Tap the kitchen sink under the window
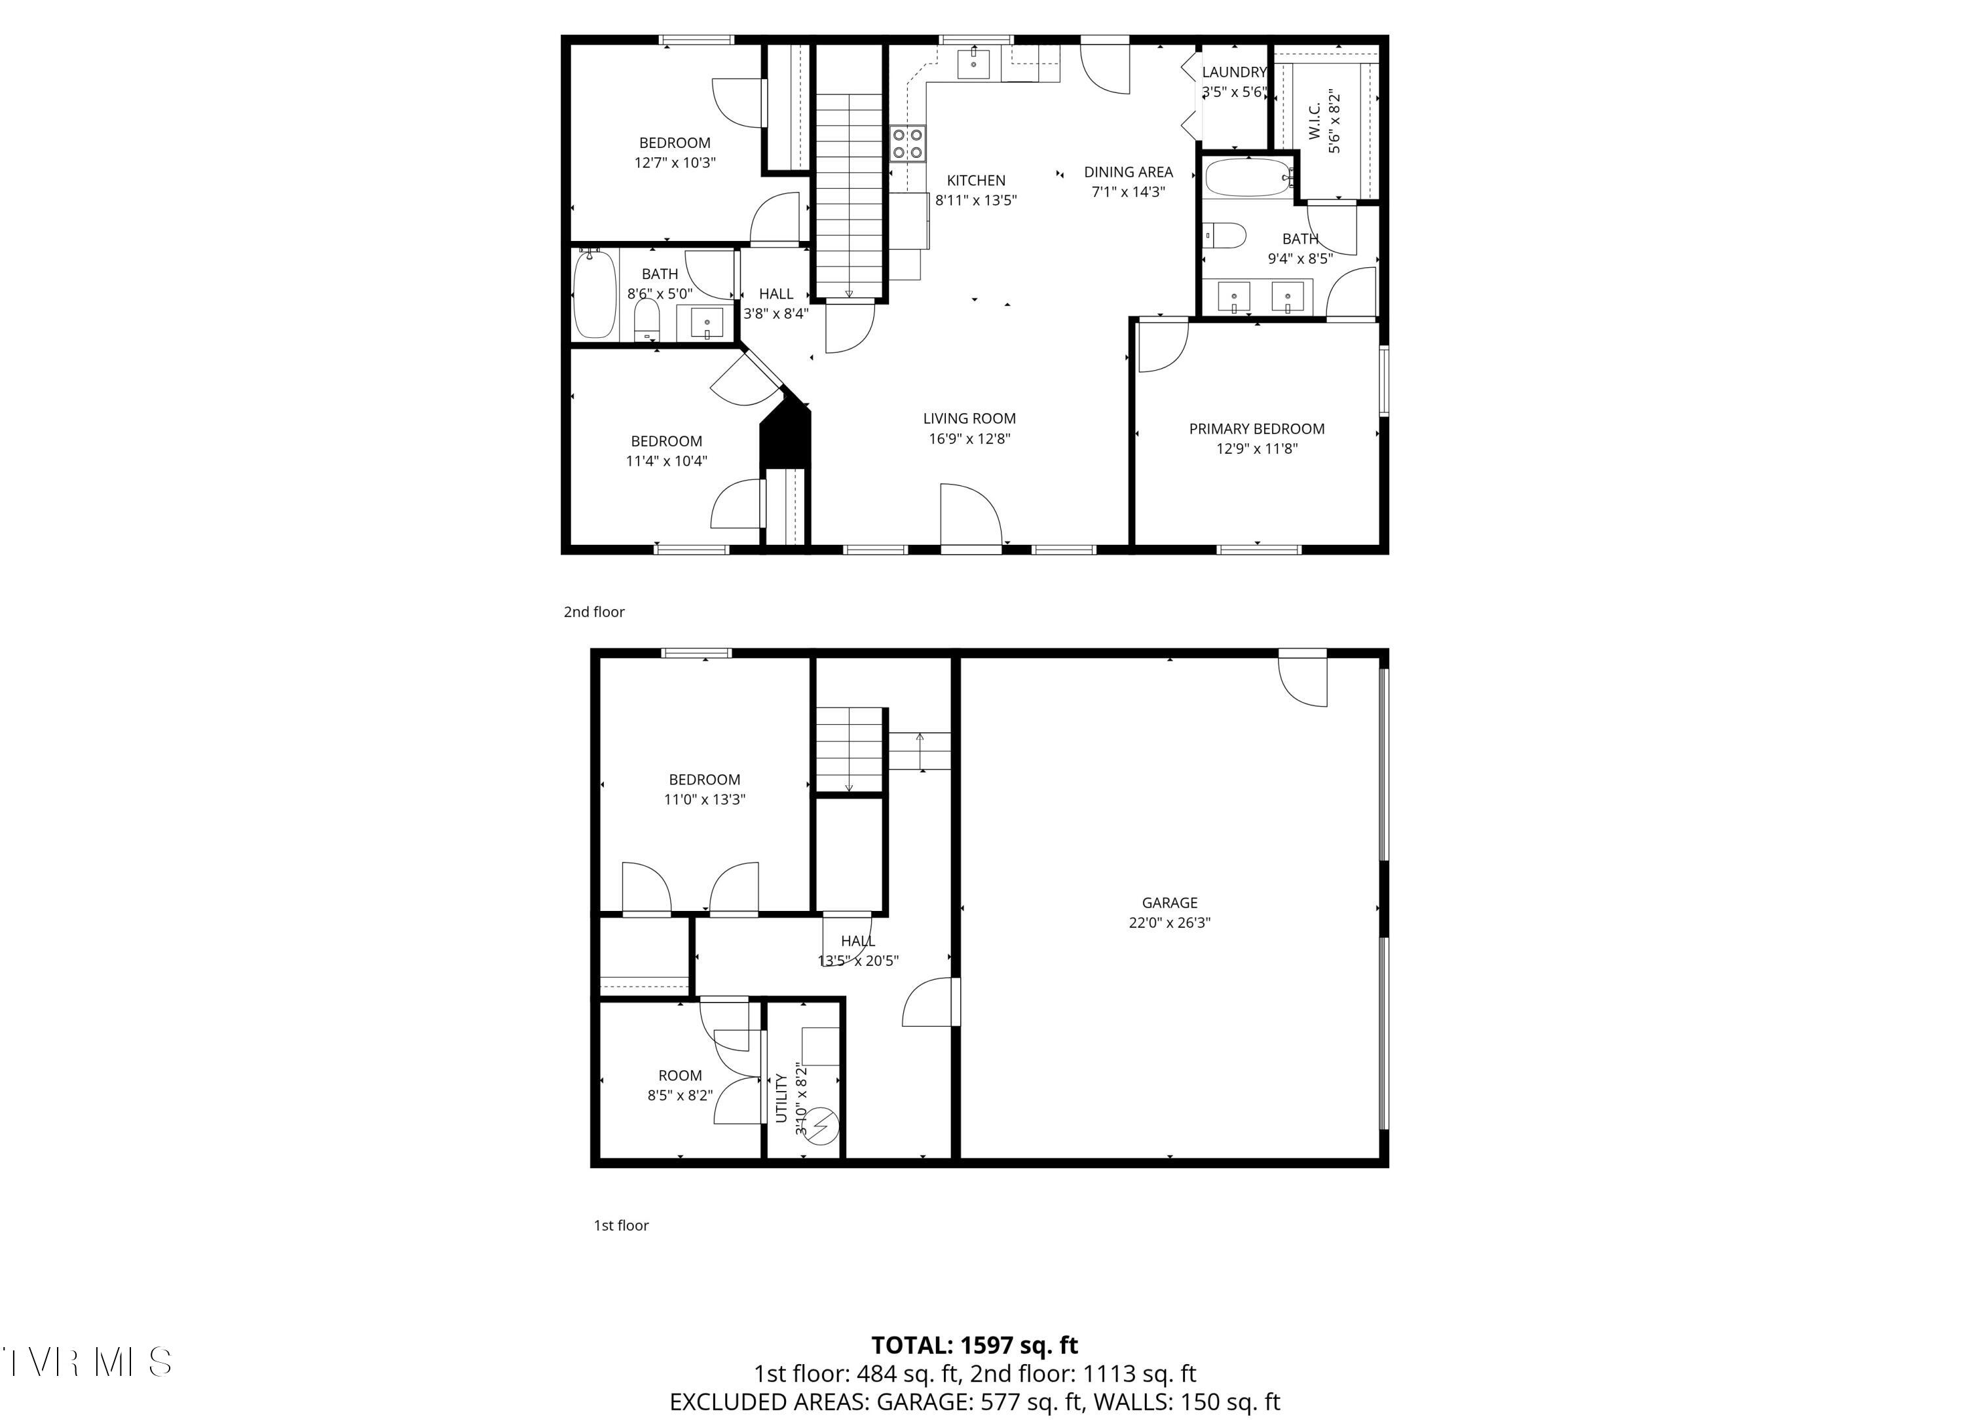pyautogui.click(x=974, y=62)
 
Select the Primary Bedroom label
pyautogui.click(x=1256, y=429)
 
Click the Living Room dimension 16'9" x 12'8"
pyautogui.click(x=969, y=438)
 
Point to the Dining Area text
pyautogui.click(x=1128, y=172)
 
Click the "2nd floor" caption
pyautogui.click(x=594, y=612)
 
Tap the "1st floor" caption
pyautogui.click(x=621, y=1225)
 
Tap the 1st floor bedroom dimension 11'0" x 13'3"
pyautogui.click(x=704, y=800)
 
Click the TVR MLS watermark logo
pyautogui.click(x=86, y=1362)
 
